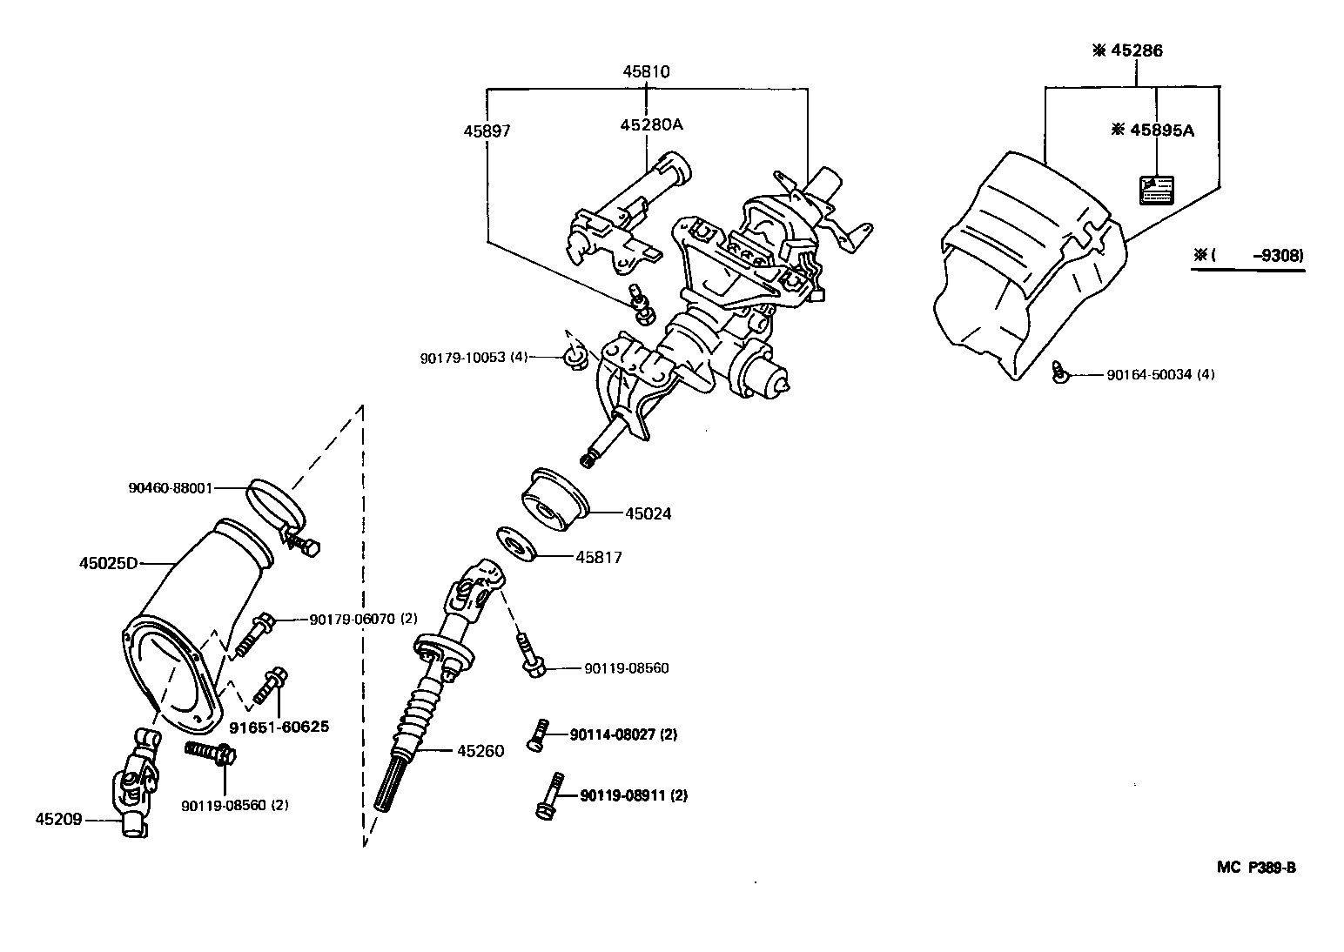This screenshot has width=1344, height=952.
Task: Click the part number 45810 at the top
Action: click(x=646, y=71)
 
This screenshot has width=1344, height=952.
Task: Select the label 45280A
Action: click(x=651, y=124)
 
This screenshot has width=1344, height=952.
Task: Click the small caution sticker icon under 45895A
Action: click(x=1156, y=190)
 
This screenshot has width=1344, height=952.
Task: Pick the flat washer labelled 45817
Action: click(x=516, y=545)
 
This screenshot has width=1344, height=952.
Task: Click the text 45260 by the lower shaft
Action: click(x=480, y=751)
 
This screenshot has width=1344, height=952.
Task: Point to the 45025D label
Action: click(x=109, y=563)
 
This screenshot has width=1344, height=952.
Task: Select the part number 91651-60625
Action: click(x=279, y=726)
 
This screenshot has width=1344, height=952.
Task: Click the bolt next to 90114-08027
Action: click(x=536, y=734)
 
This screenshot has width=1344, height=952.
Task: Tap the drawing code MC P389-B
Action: click(x=1256, y=867)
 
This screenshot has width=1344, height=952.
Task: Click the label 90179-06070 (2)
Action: click(x=363, y=619)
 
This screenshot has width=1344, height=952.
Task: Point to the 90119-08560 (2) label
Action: click(x=235, y=805)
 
